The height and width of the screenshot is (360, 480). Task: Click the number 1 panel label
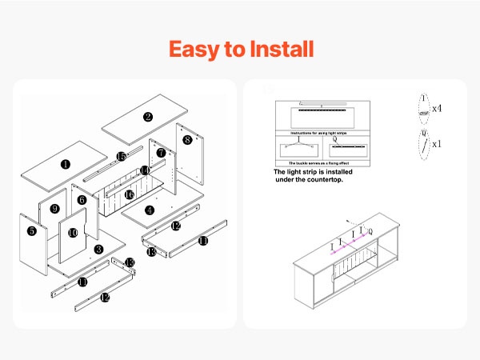(65, 165)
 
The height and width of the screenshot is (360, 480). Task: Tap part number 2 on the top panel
(148, 117)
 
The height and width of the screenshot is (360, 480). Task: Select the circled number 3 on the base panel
(98, 250)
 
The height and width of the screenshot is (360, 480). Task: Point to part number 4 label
(150, 210)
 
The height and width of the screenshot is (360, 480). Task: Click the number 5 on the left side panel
(32, 231)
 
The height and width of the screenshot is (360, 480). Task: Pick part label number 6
(82, 199)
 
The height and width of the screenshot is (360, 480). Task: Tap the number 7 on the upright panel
(161, 152)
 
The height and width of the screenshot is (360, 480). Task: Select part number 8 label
(187, 140)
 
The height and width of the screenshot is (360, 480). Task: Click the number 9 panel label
(54, 210)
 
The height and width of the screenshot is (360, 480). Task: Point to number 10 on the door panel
(73, 233)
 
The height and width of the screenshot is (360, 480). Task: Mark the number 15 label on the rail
(122, 157)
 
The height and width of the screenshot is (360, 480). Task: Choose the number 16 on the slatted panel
(129, 194)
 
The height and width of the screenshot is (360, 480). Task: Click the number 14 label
(145, 170)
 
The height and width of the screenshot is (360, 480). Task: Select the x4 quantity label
(438, 108)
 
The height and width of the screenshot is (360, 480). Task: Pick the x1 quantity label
(438, 145)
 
